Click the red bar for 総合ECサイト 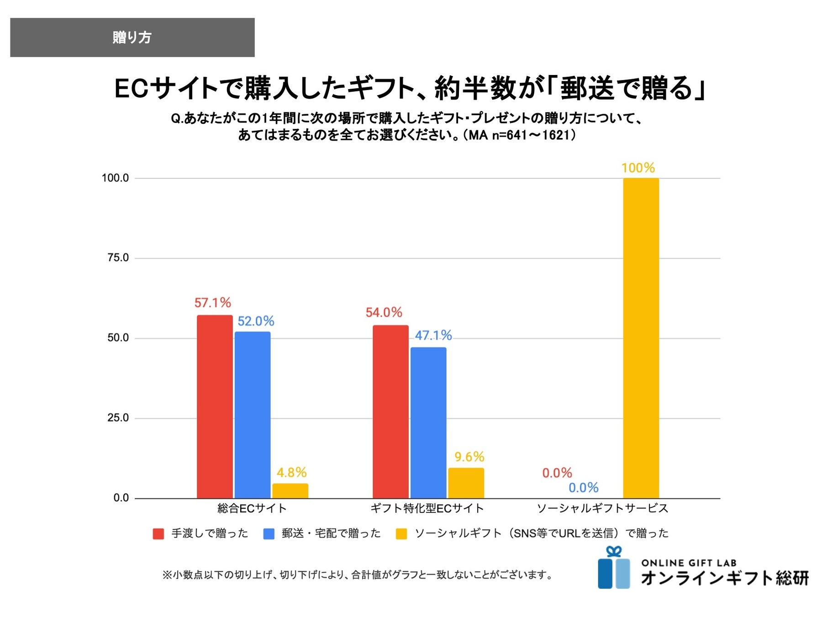tap(215, 406)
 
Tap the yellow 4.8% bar tap(290, 490)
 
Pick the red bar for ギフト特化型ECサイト tap(390, 411)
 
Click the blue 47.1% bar tap(428, 422)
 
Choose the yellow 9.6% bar tap(466, 483)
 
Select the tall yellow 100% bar tap(641, 338)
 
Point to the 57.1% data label tap(213, 303)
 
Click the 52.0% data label tap(256, 321)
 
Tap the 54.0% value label tap(384, 313)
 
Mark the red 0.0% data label tap(557, 473)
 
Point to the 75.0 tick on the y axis tap(118, 258)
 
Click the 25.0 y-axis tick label tap(118, 418)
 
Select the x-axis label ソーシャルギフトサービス tap(602, 508)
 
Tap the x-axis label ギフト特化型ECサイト tap(427, 508)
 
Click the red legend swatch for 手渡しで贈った tap(158, 534)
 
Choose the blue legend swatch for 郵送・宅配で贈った tap(269, 534)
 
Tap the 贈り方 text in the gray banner tap(132, 37)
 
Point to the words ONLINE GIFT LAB tap(689, 563)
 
